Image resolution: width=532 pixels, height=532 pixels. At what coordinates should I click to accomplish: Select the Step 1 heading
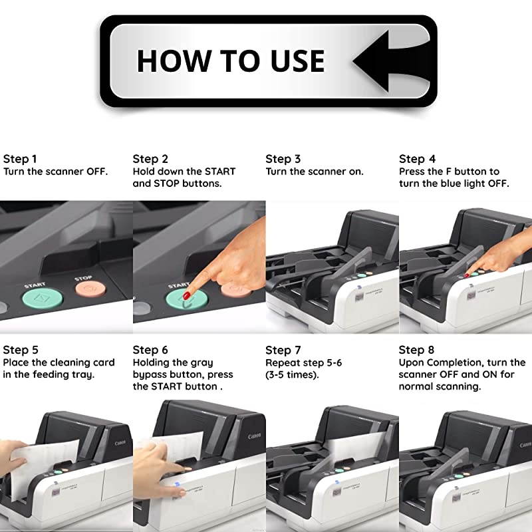point(20,159)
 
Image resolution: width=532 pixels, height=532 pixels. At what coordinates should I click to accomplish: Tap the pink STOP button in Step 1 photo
point(90,289)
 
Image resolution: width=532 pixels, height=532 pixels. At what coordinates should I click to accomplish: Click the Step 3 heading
point(283,159)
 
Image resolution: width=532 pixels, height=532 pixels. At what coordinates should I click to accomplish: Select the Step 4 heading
point(417,159)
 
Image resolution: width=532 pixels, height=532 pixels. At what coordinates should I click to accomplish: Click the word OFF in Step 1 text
point(96,172)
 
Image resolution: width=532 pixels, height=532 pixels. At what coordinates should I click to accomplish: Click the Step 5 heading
point(20,350)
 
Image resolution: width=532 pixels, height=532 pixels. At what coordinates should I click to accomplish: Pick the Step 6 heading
point(150,350)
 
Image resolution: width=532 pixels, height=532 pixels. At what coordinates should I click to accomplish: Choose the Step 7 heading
point(283,350)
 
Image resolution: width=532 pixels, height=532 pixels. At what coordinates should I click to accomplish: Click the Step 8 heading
point(417,350)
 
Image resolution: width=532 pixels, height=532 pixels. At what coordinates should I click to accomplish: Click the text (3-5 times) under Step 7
point(292,374)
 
